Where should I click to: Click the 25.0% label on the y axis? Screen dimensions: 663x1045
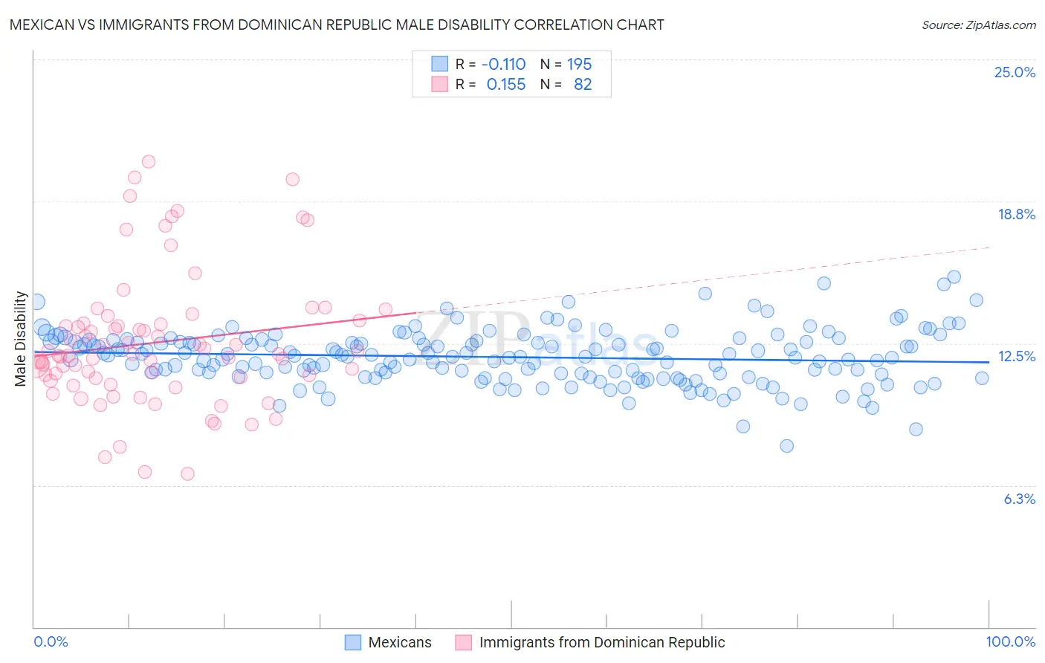pos(1015,72)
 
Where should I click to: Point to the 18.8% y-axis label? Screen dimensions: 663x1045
pos(1016,214)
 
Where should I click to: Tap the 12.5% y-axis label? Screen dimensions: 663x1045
pos(1016,356)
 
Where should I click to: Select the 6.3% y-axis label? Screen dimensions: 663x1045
pos(1019,499)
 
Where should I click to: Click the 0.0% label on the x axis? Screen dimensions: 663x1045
pos(51,641)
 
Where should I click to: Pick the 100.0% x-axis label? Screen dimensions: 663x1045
pos(1010,641)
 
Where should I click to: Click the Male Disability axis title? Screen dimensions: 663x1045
pos(21,339)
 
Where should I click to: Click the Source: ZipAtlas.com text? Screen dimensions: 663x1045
pos(978,25)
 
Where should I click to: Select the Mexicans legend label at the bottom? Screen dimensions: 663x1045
pos(400,642)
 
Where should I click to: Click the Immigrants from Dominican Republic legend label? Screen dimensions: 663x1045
pos(602,642)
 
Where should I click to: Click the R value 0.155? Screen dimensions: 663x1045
pos(506,84)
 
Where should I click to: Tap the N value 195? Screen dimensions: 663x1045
pos(579,64)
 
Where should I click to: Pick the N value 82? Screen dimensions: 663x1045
pos(583,84)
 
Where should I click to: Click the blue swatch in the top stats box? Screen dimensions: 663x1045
pos(440,64)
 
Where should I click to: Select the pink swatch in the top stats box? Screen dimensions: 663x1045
pos(440,84)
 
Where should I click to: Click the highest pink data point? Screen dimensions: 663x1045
pos(149,161)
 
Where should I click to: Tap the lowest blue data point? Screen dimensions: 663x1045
pos(786,446)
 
